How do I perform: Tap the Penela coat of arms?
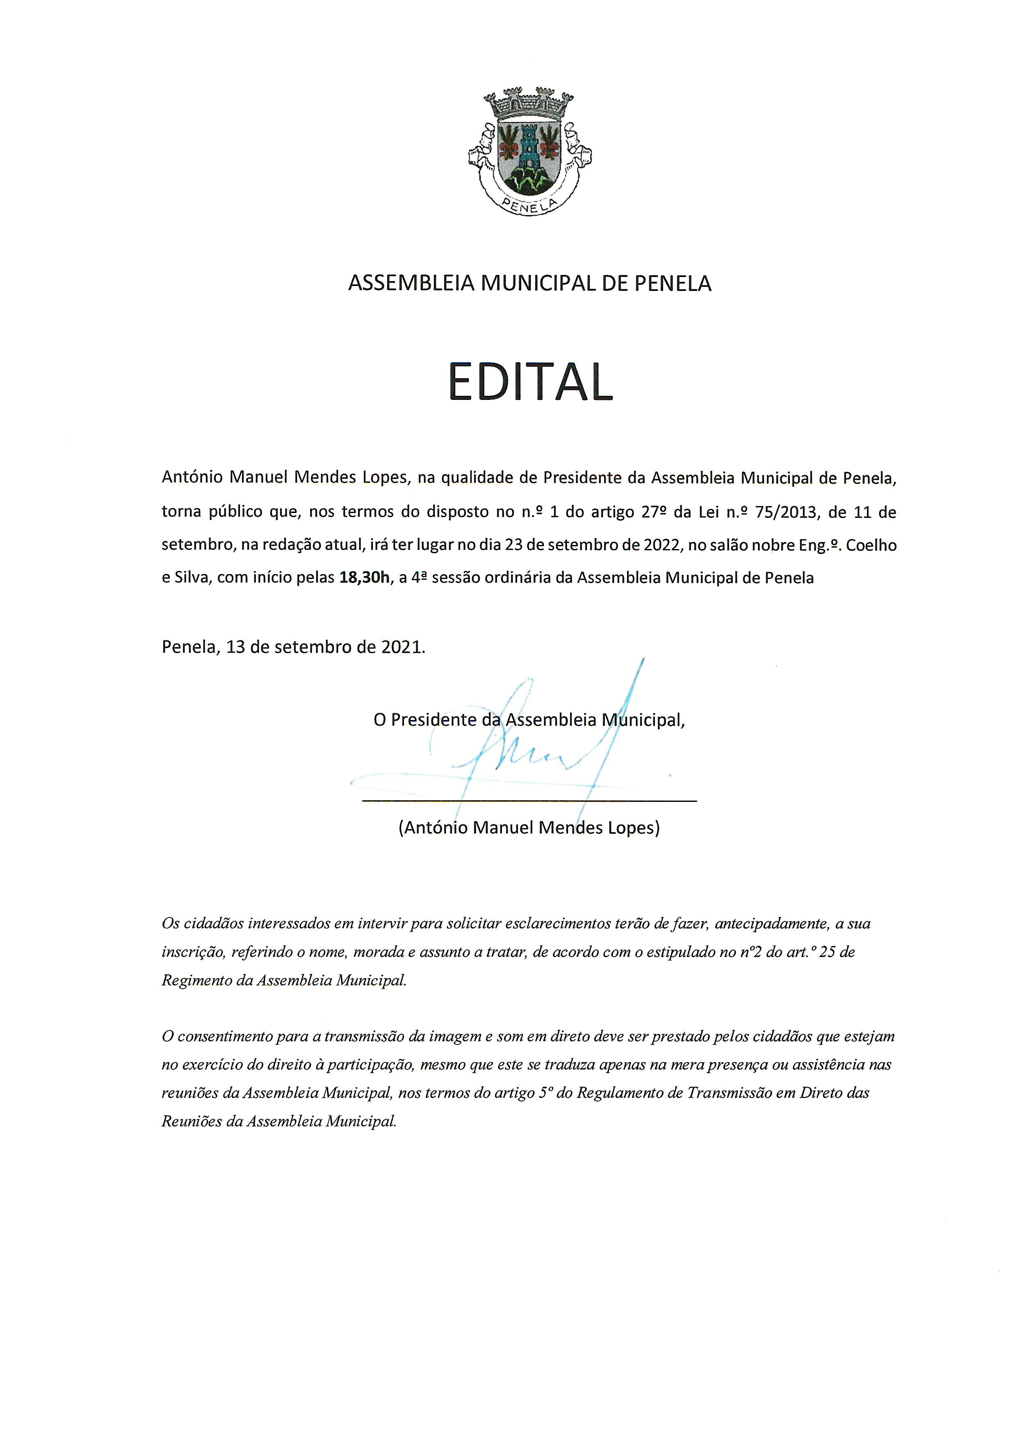530,151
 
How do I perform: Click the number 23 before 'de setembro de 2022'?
513,545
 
